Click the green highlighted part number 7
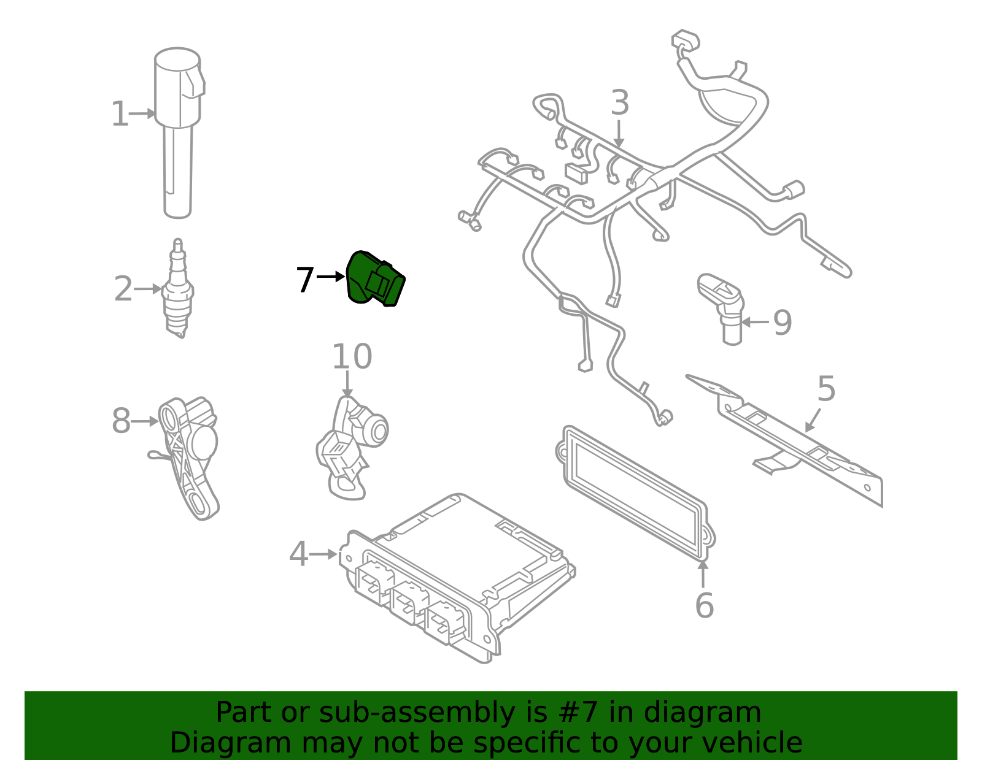pyautogui.click(x=374, y=280)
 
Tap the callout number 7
pyautogui.click(x=305, y=280)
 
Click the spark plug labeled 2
pyautogui.click(x=178, y=291)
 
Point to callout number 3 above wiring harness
pyautogui.click(x=620, y=103)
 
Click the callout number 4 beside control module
pyautogui.click(x=298, y=554)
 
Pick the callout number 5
pyautogui.click(x=826, y=389)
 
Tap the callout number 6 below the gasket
pyautogui.click(x=704, y=606)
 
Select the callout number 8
pyautogui.click(x=121, y=421)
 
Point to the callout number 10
pyautogui.click(x=352, y=357)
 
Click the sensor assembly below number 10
pyautogui.click(x=353, y=445)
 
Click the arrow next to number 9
pyautogui.click(x=755, y=321)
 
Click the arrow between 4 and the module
pyautogui.click(x=323, y=554)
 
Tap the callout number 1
pyautogui.click(x=120, y=114)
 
